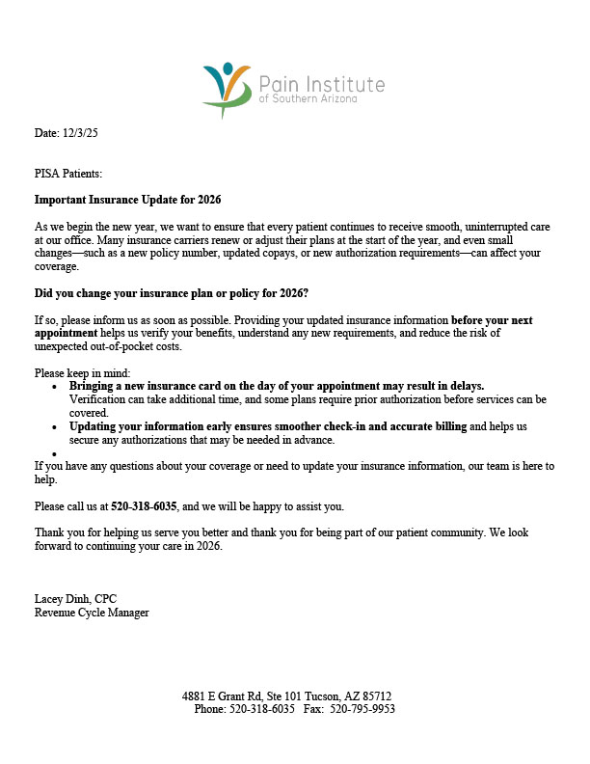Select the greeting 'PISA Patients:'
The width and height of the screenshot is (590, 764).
point(68,174)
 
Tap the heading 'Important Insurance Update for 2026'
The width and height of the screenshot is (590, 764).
point(128,200)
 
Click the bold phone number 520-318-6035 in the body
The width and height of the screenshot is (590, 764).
point(145,505)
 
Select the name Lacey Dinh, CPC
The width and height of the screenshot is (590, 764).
point(75,599)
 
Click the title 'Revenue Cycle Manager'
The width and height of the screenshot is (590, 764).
point(92,613)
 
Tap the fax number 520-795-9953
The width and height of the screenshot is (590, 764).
point(362,709)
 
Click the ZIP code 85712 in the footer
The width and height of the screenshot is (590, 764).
point(375,696)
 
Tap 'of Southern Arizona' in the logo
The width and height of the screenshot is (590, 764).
point(308,99)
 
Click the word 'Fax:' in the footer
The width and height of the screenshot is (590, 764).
point(313,709)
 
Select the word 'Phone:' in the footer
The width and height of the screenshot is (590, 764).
point(210,709)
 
